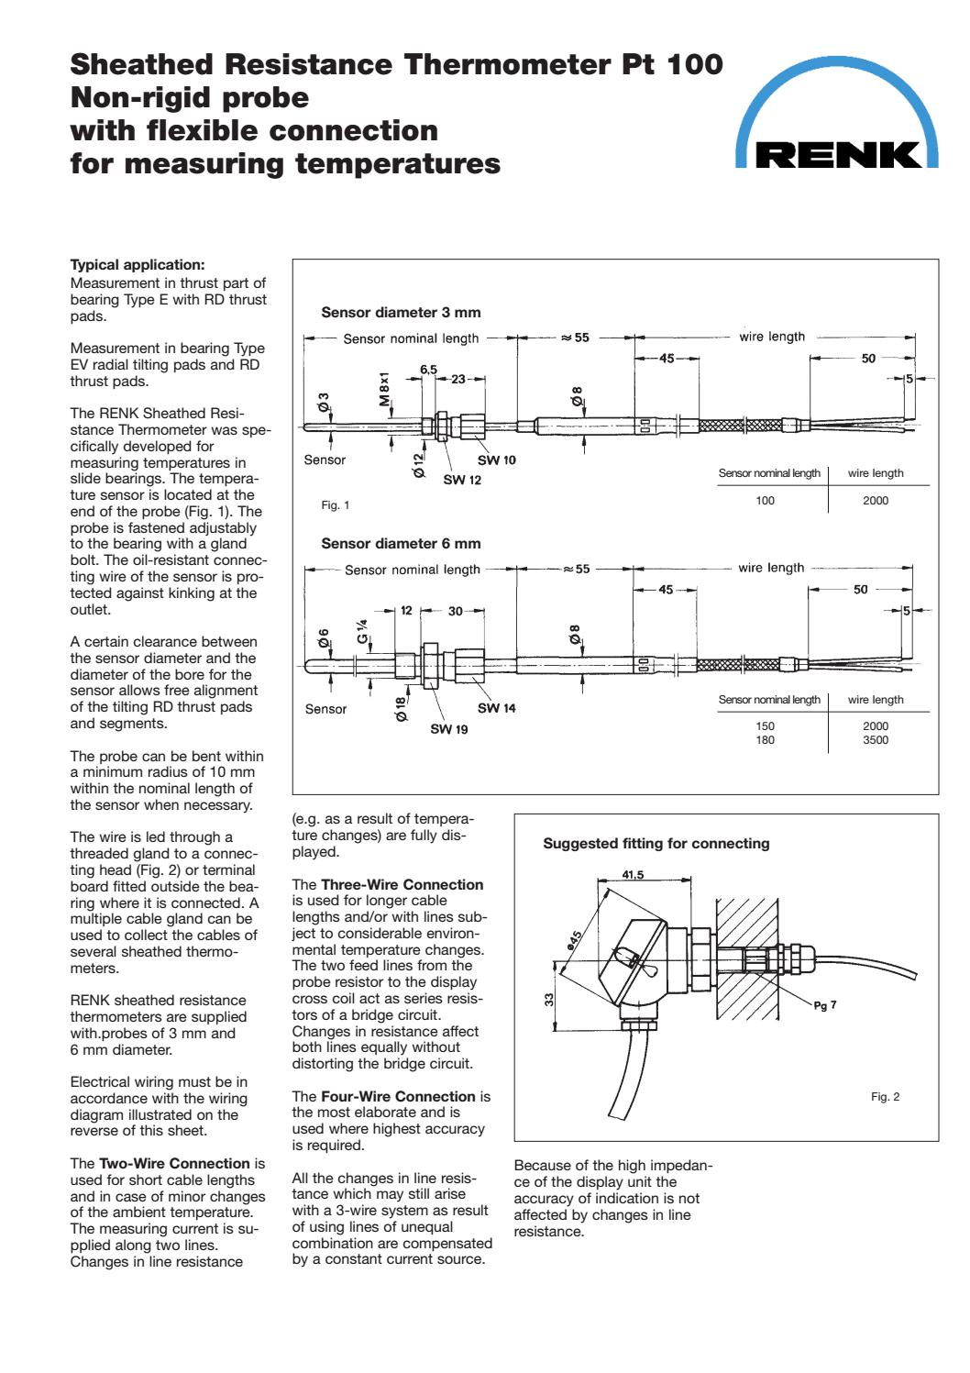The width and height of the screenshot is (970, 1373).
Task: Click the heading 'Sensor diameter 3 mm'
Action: [x=401, y=312]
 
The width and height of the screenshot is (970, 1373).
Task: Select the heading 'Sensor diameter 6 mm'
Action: [x=401, y=543]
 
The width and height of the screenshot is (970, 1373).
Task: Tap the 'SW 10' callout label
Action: [x=496, y=460]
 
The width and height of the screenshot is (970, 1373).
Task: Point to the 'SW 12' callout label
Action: [x=462, y=480]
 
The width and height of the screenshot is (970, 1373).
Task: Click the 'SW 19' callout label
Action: [x=449, y=729]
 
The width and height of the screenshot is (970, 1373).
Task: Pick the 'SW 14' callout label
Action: [x=496, y=708]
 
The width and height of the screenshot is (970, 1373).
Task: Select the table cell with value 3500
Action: [x=875, y=740]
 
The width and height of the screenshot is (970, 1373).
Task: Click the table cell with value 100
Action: [x=765, y=501]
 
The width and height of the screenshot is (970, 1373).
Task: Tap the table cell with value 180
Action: [x=765, y=740]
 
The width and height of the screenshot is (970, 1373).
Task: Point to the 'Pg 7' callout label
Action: [x=825, y=1005]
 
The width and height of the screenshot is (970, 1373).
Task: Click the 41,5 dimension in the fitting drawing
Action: [x=633, y=875]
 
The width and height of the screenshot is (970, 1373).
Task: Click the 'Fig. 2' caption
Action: [x=885, y=1097]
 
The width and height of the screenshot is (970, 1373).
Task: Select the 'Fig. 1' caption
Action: [x=335, y=505]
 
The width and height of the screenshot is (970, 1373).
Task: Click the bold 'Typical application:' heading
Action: [x=138, y=265]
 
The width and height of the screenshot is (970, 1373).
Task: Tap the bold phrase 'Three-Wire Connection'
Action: [x=402, y=885]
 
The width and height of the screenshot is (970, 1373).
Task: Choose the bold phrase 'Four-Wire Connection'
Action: [x=398, y=1097]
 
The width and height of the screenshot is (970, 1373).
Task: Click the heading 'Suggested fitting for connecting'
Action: [x=656, y=844]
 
